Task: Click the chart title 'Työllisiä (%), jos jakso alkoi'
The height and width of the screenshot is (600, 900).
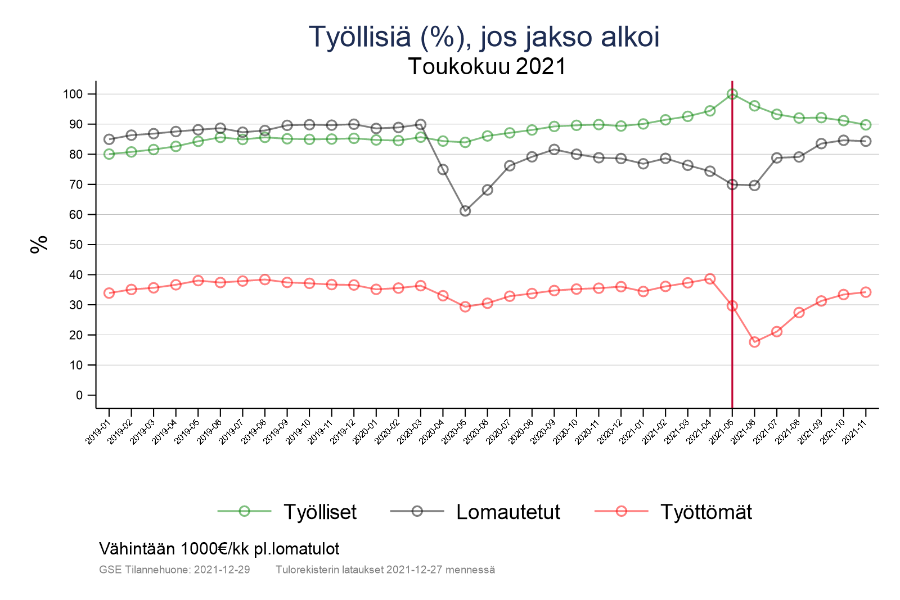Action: pyautogui.click(x=484, y=37)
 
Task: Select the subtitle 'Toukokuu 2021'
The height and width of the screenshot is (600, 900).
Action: pyautogui.click(x=487, y=66)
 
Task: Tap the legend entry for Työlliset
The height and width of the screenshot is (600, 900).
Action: pyautogui.click(x=319, y=512)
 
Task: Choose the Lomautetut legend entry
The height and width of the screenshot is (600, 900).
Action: pyautogui.click(x=508, y=512)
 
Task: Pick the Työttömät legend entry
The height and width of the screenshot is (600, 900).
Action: pyautogui.click(x=705, y=512)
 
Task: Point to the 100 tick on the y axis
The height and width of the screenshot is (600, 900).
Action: pyautogui.click(x=73, y=94)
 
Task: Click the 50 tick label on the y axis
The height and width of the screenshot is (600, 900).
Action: pyautogui.click(x=75, y=245)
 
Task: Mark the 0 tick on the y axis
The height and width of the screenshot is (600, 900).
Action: pyautogui.click(x=79, y=395)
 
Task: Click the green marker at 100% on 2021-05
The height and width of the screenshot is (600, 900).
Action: pyautogui.click(x=732, y=94)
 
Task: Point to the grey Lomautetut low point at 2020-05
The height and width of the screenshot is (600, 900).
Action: pyautogui.click(x=465, y=211)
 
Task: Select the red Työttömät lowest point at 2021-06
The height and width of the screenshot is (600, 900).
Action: pyautogui.click(x=754, y=342)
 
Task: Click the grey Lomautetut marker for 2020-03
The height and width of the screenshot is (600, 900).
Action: pyautogui.click(x=421, y=124)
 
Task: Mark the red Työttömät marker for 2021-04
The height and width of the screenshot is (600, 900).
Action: pyautogui.click(x=710, y=279)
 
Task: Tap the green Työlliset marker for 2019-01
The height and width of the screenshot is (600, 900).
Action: pyautogui.click(x=109, y=154)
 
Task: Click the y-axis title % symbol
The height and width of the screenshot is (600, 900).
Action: pyautogui.click(x=39, y=245)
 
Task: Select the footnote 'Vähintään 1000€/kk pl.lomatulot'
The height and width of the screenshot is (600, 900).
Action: pyautogui.click(x=219, y=548)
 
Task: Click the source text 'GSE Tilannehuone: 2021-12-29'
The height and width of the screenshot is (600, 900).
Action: pyautogui.click(x=174, y=570)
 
